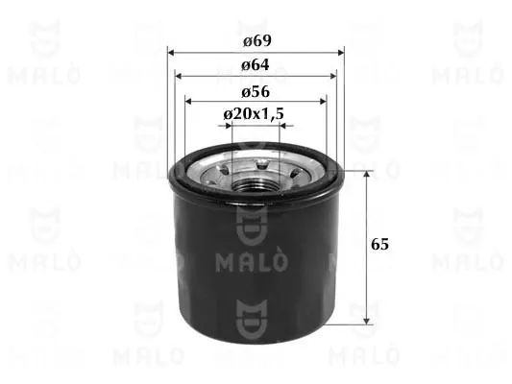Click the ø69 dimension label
click(255, 41)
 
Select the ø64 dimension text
click(255, 64)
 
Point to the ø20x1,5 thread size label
click(254, 114)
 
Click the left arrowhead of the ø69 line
click(171, 52)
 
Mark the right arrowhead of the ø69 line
click(341, 52)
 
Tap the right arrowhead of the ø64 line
click(334, 76)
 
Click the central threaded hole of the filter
click(256, 174)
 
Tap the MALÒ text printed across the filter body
click(255, 261)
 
